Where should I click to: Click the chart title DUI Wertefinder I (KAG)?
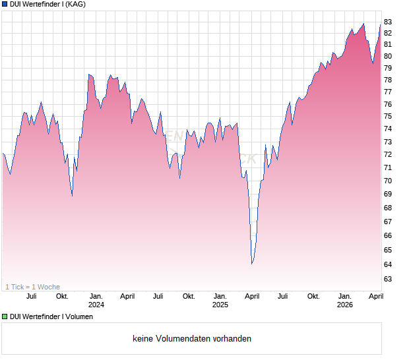47,4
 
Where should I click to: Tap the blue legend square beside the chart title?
5,4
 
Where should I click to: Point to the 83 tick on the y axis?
388,22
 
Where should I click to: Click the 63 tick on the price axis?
388,279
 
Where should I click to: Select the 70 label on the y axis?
388,181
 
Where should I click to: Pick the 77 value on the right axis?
388,92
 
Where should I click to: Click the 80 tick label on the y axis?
388,56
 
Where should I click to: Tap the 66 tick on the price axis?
388,235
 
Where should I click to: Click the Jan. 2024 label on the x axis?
96,300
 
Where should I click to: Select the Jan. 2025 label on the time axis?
220,300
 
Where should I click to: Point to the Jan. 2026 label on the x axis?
345,300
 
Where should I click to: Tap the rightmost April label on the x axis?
375,296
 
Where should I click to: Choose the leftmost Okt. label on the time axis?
62,296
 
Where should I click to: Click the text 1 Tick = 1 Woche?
32,287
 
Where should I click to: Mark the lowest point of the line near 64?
252,264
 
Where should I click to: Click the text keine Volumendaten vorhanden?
191,339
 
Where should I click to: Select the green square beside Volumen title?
5,316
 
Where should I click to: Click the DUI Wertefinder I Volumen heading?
51,316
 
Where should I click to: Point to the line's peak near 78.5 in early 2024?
89,75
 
